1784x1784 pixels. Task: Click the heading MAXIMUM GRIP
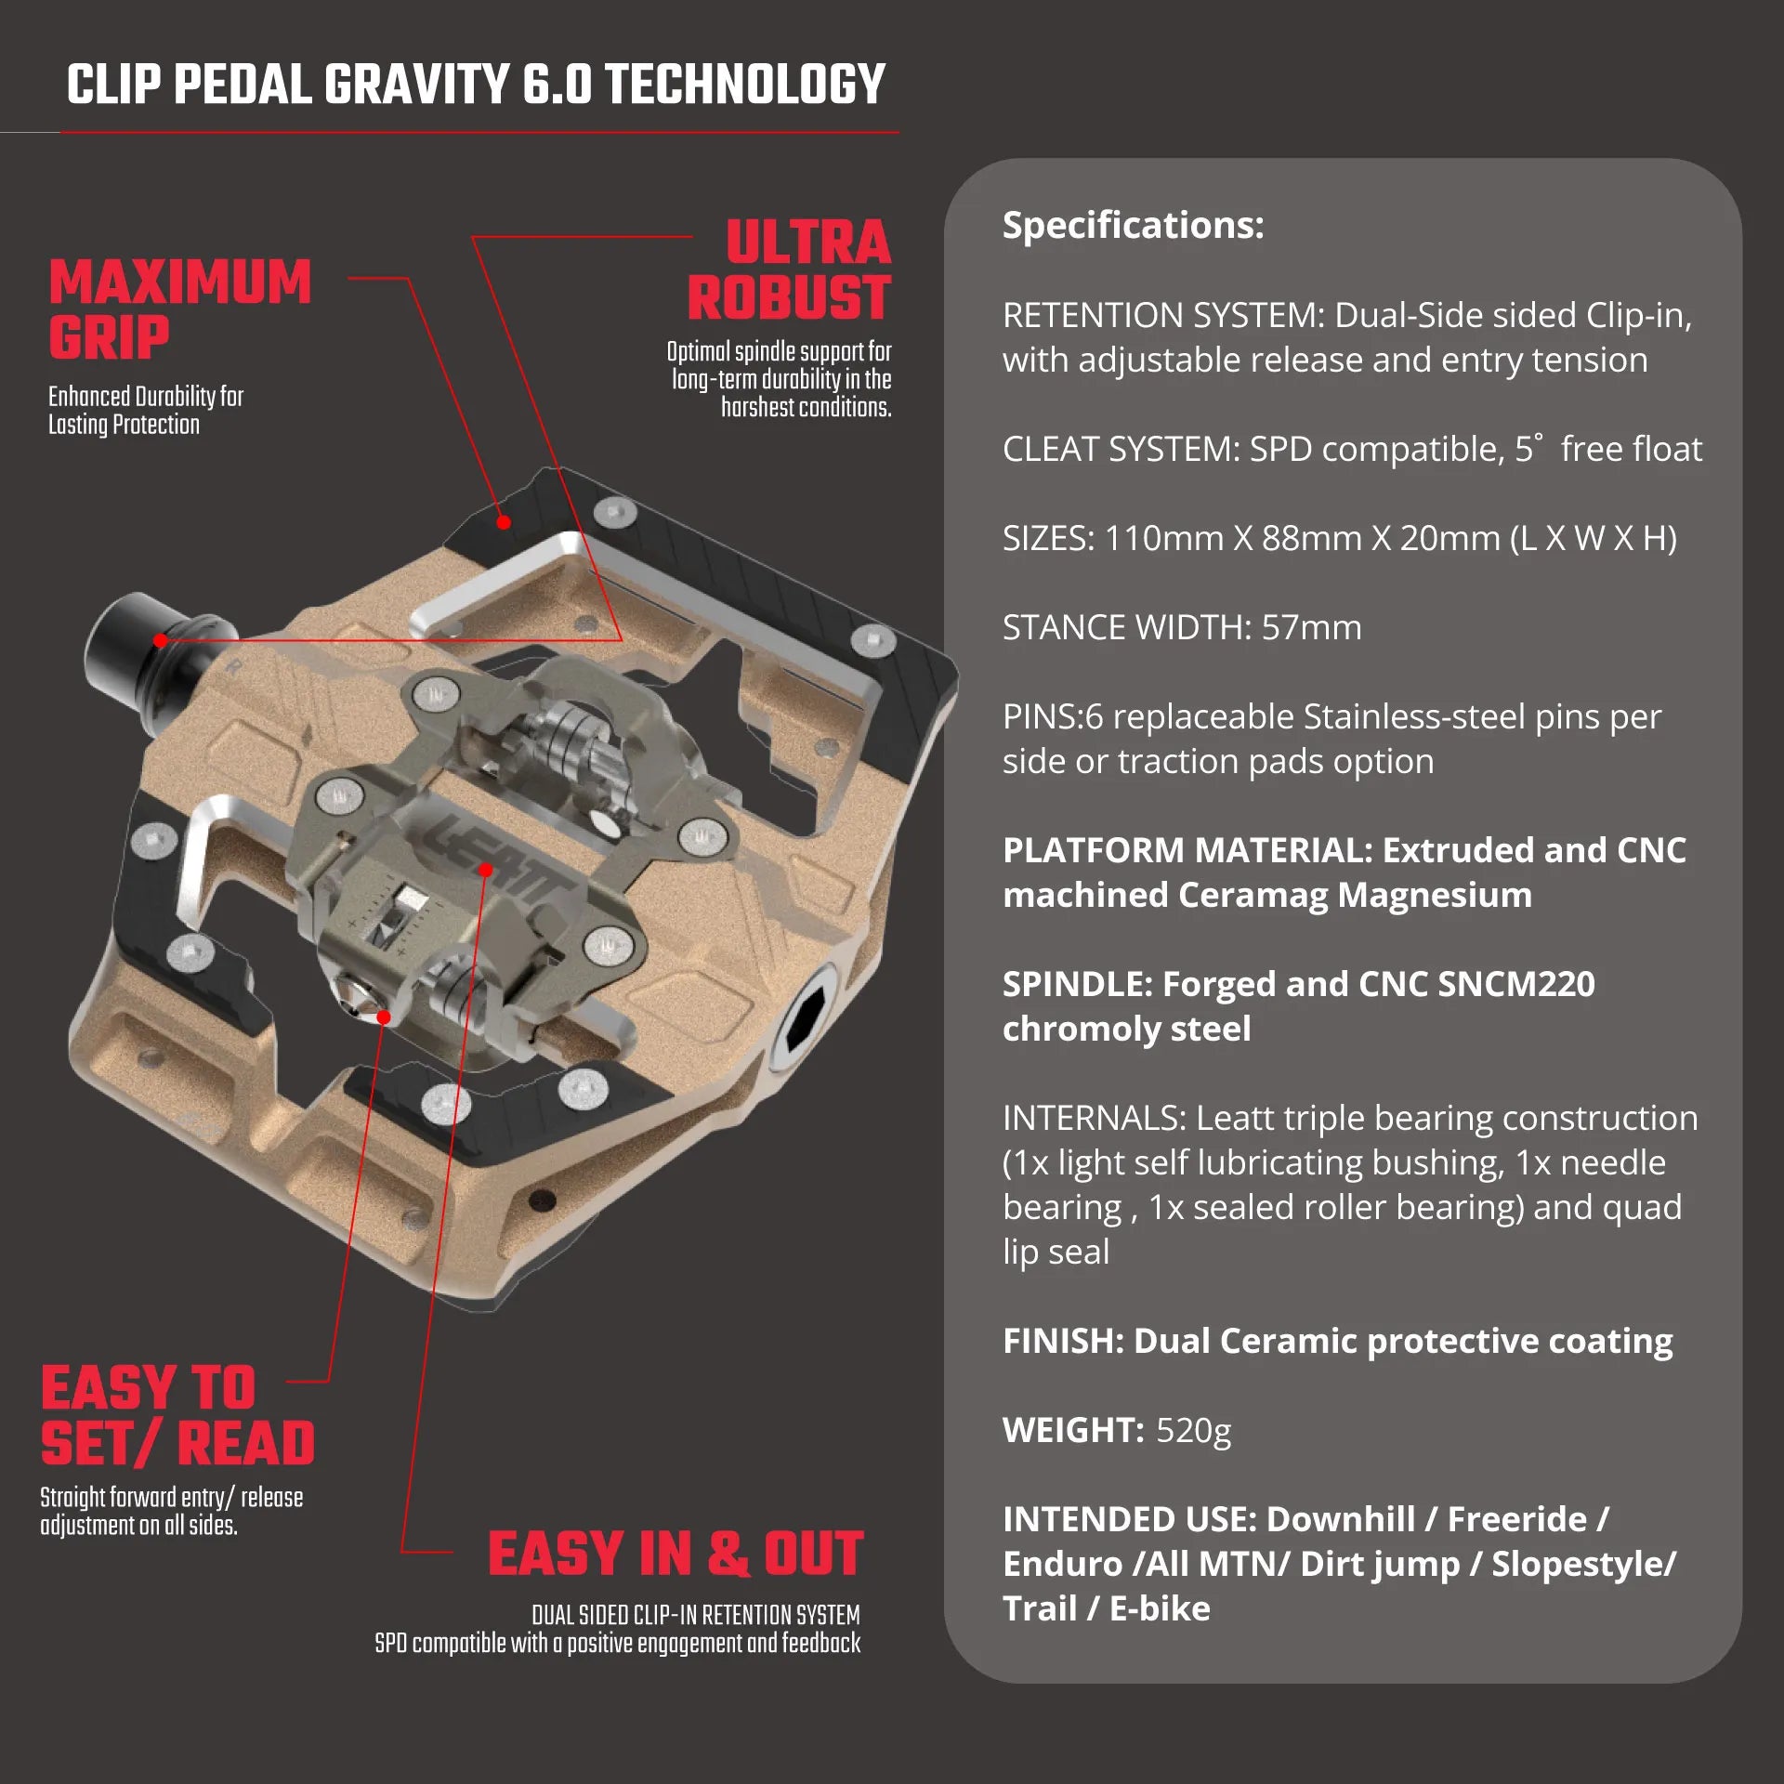179,309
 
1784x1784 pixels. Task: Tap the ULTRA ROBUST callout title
790,269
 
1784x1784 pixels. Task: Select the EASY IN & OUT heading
676,1554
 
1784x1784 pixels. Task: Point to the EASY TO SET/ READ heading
177,1415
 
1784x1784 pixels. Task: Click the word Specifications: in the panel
1133,225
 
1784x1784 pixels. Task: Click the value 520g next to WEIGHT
1193,1431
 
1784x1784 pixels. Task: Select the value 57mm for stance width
1311,627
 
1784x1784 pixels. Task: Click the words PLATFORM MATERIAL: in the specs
1187,850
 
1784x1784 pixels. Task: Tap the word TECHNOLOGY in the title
745,85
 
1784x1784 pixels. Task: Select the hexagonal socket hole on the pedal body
805,1018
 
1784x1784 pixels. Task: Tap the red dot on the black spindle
161,640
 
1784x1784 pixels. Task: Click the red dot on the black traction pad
504,522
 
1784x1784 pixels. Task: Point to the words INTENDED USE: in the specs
1129,1519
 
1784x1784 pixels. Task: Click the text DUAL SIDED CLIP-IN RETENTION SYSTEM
696,1616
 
